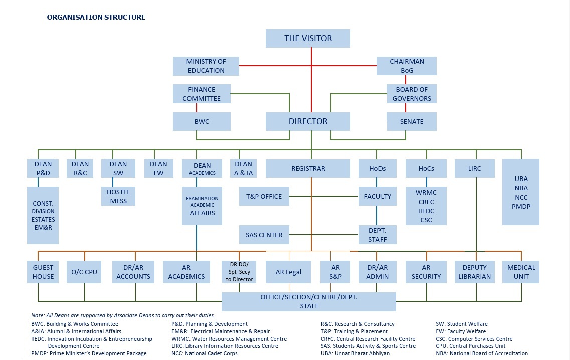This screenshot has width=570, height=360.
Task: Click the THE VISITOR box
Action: pos(308,38)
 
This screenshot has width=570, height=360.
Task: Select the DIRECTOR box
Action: pos(308,121)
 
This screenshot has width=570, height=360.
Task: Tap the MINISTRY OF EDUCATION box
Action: pos(206,66)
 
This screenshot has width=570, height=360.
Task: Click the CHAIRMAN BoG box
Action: pos(407,66)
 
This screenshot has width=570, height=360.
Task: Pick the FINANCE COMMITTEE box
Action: pos(202,94)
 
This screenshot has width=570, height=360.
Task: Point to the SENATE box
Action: pos(412,121)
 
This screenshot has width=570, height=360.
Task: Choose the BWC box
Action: pos(202,121)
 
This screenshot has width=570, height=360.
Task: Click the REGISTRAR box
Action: pos(308,169)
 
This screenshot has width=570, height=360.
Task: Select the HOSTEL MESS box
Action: pos(118,196)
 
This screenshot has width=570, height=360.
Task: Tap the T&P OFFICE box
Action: pos(264,196)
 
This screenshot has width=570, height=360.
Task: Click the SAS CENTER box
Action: pos(264,235)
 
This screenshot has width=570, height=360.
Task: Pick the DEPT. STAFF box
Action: pos(377,235)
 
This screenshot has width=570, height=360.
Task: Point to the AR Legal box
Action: pos(288,272)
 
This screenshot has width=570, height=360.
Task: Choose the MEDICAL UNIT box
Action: pos(521,272)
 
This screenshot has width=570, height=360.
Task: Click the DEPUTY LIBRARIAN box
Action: pos(474,272)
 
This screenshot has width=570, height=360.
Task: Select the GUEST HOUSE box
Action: pos(43,272)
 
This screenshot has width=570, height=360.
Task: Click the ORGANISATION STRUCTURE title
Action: pos(96,17)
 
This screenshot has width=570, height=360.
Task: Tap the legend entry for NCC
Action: pos(205,353)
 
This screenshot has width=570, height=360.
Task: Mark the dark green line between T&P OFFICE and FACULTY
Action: pos(324,196)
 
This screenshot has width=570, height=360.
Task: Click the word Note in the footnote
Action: pos(38,315)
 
